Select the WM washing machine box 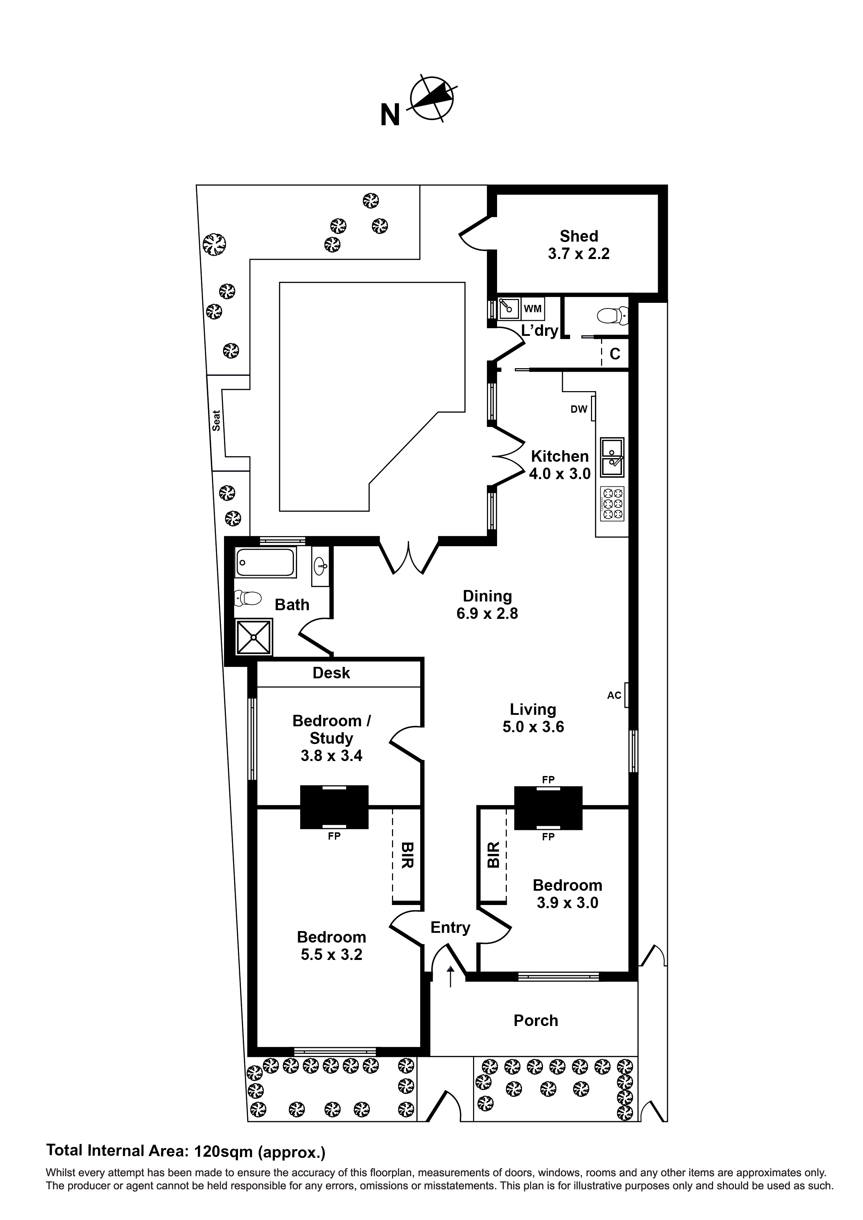[x=533, y=309]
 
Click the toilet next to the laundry [x=613, y=317]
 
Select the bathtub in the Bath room [x=265, y=562]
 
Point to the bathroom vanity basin [x=320, y=566]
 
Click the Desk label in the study [x=331, y=673]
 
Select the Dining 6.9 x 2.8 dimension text [x=487, y=614]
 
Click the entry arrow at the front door [x=450, y=976]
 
